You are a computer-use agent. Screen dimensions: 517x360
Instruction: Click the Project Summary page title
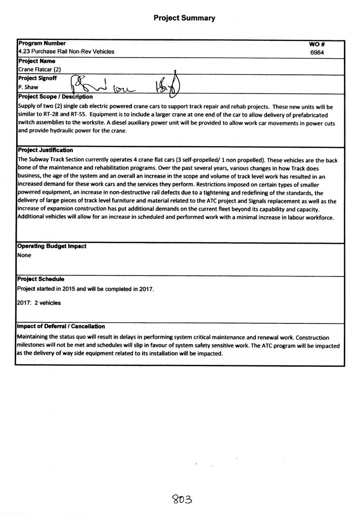(185, 18)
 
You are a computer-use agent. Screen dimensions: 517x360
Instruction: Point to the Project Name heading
(36, 61)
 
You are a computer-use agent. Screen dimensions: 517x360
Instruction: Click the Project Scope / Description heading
(55, 97)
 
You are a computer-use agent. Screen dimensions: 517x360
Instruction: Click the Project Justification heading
(46, 150)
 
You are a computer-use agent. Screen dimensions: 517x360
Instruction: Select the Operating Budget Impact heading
(52, 246)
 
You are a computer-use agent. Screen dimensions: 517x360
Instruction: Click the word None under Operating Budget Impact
(24, 255)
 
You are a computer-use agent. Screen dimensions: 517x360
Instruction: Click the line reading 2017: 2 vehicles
(39, 303)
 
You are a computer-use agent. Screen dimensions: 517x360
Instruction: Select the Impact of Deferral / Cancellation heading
(61, 326)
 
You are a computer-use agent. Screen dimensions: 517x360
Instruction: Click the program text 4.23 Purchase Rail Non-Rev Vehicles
(66, 52)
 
